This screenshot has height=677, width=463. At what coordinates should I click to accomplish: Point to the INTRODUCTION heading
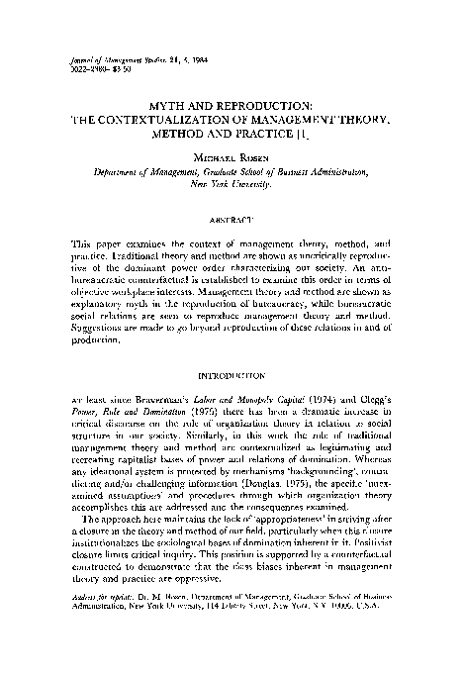click(x=231, y=377)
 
